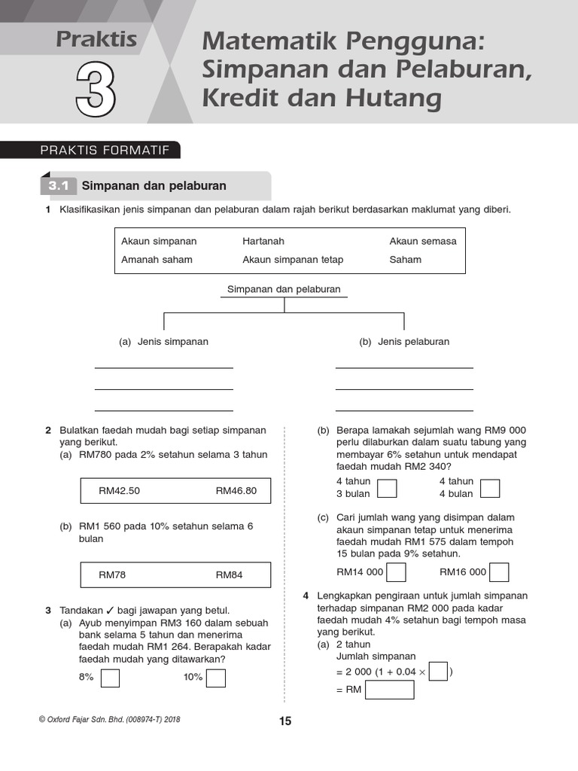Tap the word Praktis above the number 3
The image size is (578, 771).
point(96,39)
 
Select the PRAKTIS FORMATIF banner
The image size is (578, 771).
point(105,151)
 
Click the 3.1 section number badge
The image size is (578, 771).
point(59,186)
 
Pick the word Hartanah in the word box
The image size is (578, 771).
point(263,242)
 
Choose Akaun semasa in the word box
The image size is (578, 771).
point(422,242)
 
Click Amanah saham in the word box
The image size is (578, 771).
point(157,260)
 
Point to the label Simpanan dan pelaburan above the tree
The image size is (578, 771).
point(284,289)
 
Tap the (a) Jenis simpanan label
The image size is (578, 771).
point(164,342)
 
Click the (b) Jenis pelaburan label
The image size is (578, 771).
point(404,342)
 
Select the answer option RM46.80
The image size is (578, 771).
point(236,491)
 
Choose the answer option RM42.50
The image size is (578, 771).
point(120,491)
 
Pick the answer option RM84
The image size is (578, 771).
point(230,574)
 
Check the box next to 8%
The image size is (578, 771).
point(110,678)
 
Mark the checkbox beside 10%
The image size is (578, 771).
point(216,678)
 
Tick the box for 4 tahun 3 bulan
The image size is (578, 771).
point(387,489)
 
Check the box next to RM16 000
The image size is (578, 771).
point(498,572)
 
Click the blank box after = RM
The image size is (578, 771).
point(389,690)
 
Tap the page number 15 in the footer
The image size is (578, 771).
point(285,721)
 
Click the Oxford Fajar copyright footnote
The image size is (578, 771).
point(109,720)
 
